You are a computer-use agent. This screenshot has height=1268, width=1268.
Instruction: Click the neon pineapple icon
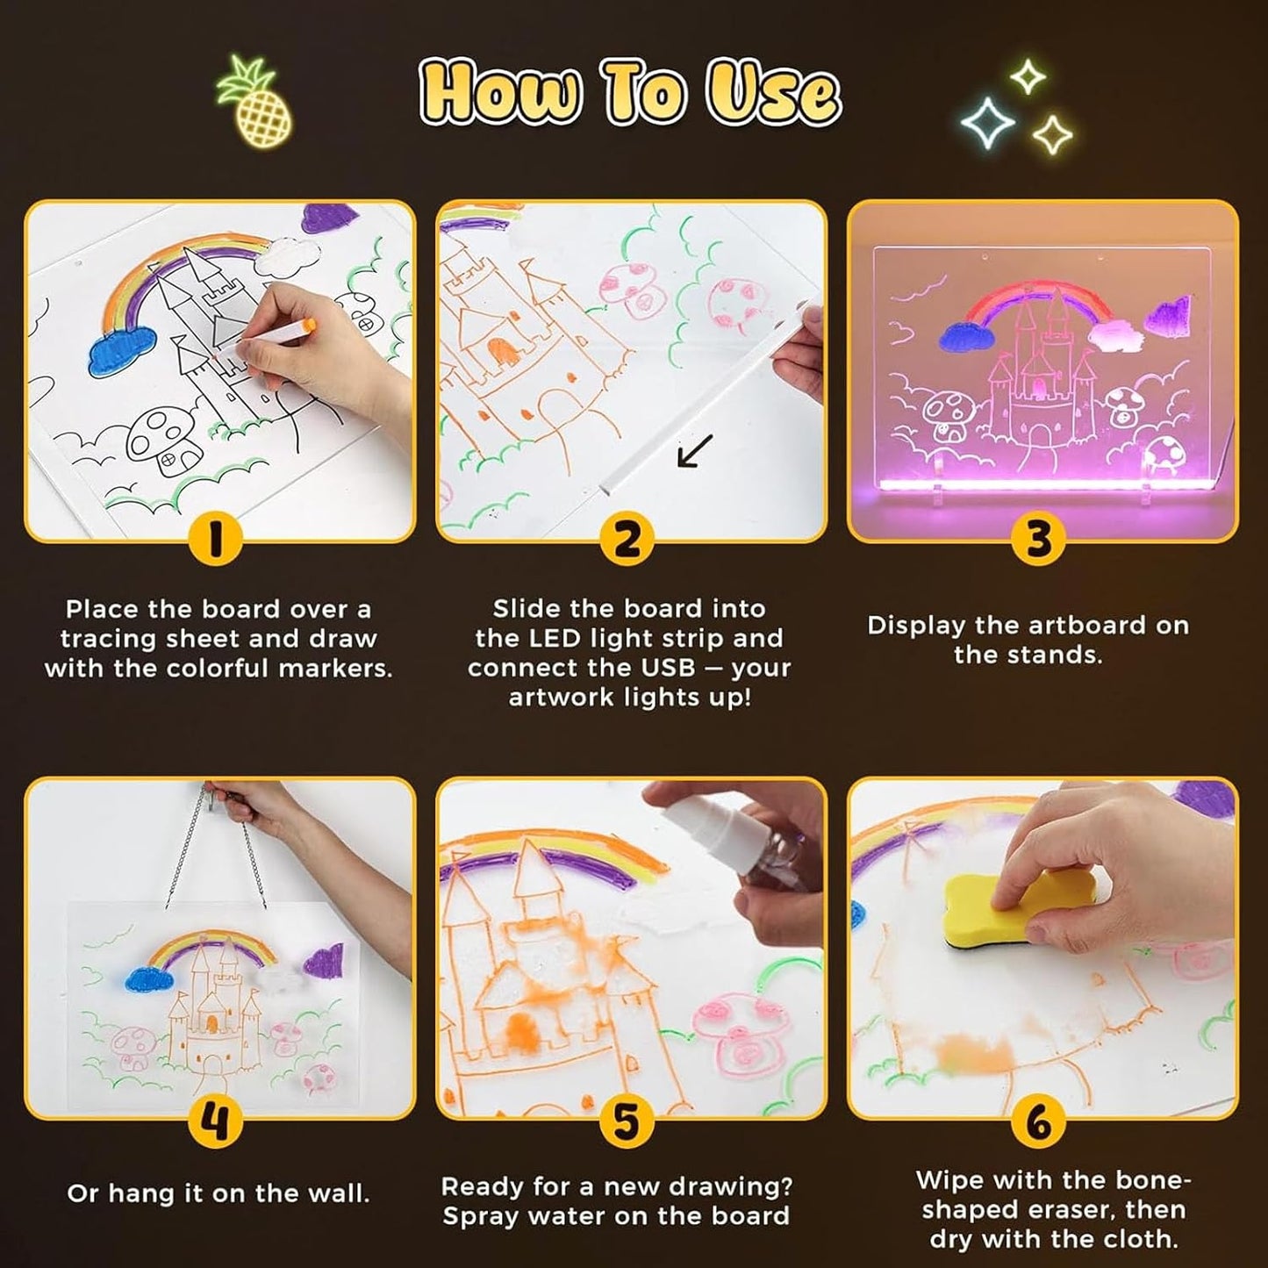tap(255, 102)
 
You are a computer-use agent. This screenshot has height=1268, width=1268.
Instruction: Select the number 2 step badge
tap(627, 540)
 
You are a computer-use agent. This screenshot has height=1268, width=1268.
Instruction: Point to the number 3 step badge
tap(1038, 540)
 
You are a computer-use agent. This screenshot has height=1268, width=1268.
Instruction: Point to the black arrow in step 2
tap(695, 451)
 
